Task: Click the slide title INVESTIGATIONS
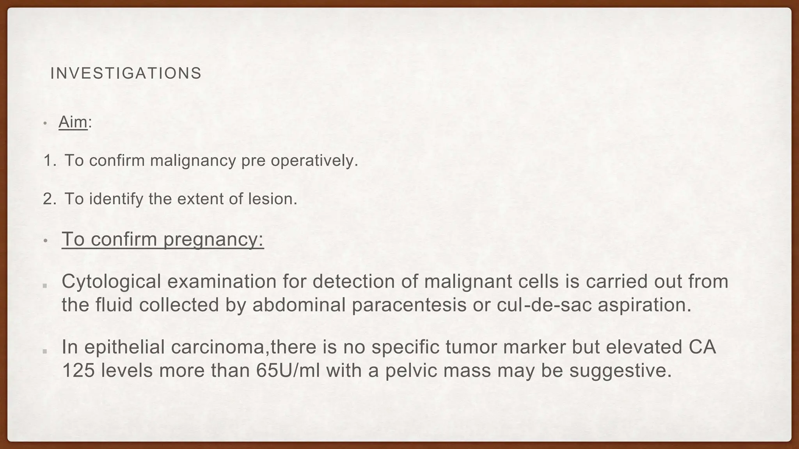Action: (x=126, y=73)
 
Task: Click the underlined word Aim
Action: (x=73, y=122)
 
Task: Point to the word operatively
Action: (x=314, y=161)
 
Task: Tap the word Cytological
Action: (x=111, y=281)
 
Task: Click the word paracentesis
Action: (x=409, y=305)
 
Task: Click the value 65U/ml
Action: (x=288, y=370)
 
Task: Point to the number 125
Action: (x=78, y=370)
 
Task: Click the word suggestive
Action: (x=620, y=370)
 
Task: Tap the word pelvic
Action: (x=411, y=370)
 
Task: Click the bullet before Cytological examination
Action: (x=45, y=286)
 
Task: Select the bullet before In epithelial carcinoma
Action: (x=45, y=351)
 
